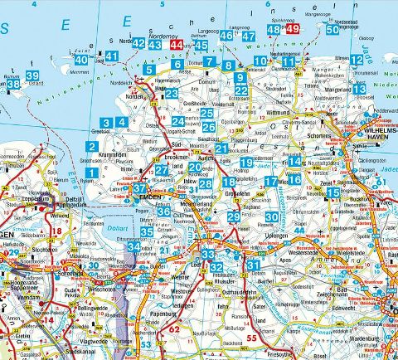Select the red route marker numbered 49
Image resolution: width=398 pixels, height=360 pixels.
tap(292, 30)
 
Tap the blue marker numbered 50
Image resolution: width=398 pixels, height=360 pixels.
tap(332, 30)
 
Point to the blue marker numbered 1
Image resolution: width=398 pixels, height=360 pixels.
tap(90, 173)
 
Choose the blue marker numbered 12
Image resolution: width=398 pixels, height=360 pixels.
tap(356, 60)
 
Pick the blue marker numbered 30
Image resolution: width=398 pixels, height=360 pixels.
tap(271, 217)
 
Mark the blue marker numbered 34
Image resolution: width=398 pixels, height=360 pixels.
tap(133, 246)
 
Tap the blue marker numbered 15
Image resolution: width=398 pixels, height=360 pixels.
tap(332, 192)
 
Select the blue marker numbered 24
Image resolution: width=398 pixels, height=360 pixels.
tap(177, 122)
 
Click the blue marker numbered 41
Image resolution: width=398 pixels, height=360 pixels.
tap(112, 56)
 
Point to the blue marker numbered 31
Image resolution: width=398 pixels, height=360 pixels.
tap(252, 264)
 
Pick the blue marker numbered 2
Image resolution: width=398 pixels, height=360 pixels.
tap(90, 147)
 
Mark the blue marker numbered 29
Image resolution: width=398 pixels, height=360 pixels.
tap(234, 217)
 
